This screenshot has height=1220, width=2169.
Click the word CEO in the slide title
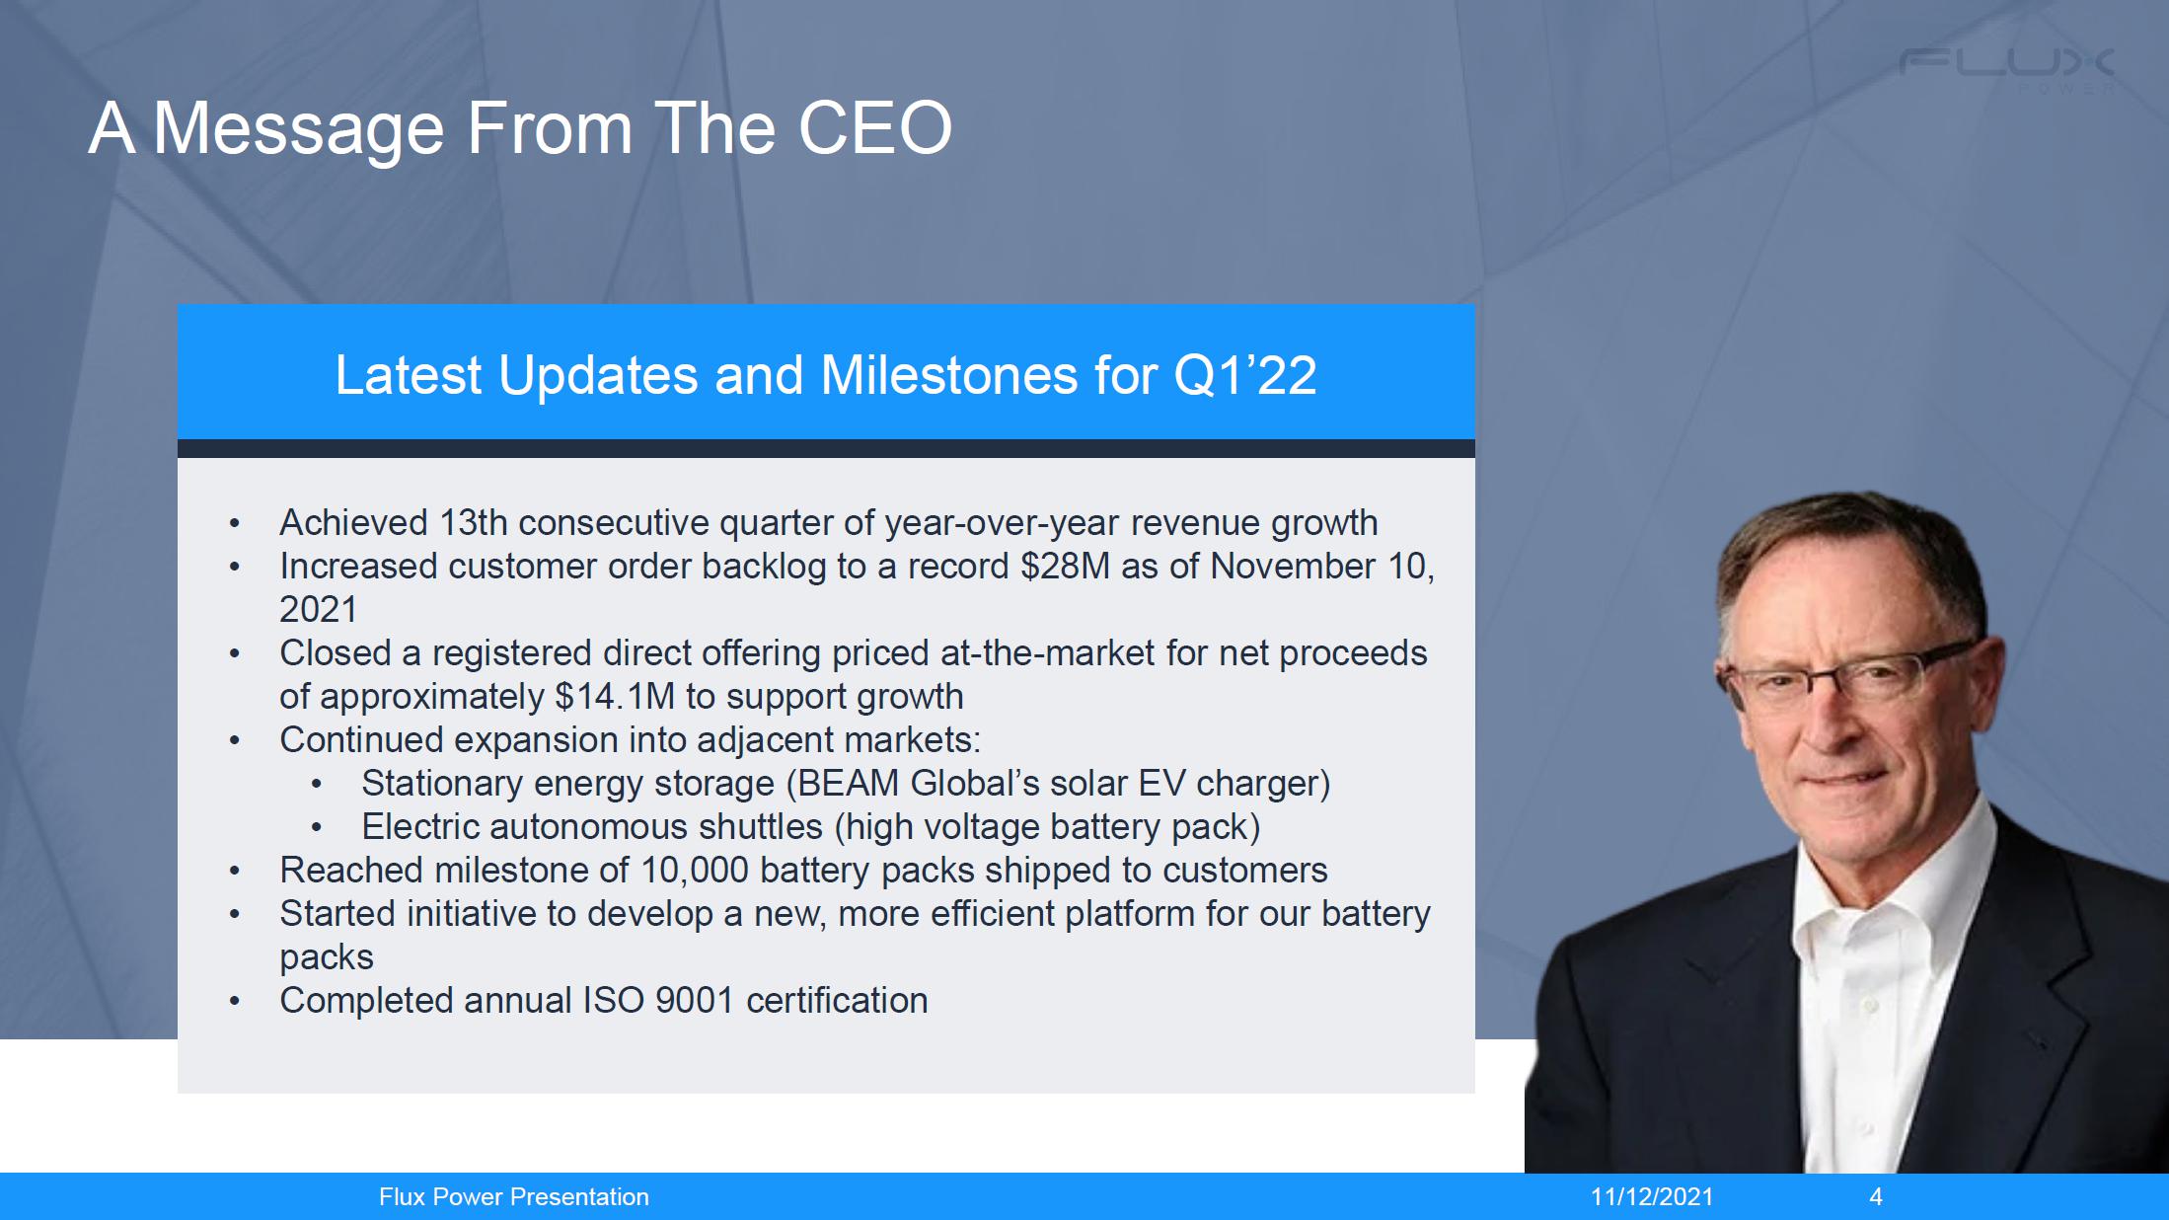[874, 128]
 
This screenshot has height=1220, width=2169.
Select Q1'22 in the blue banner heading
[1245, 375]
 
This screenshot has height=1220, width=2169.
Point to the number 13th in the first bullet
[473, 522]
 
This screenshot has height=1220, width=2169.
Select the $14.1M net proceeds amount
[615, 696]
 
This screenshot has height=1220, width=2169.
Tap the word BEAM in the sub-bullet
[849, 783]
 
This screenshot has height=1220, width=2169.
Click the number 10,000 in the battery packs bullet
[694, 870]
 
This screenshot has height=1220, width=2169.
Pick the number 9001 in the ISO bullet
[695, 1000]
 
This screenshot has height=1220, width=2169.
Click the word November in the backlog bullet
[1293, 566]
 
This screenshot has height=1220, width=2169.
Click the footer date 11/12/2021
[1652, 1197]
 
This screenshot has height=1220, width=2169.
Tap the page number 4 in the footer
[1876, 1197]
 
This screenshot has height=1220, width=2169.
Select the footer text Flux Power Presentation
[514, 1197]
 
